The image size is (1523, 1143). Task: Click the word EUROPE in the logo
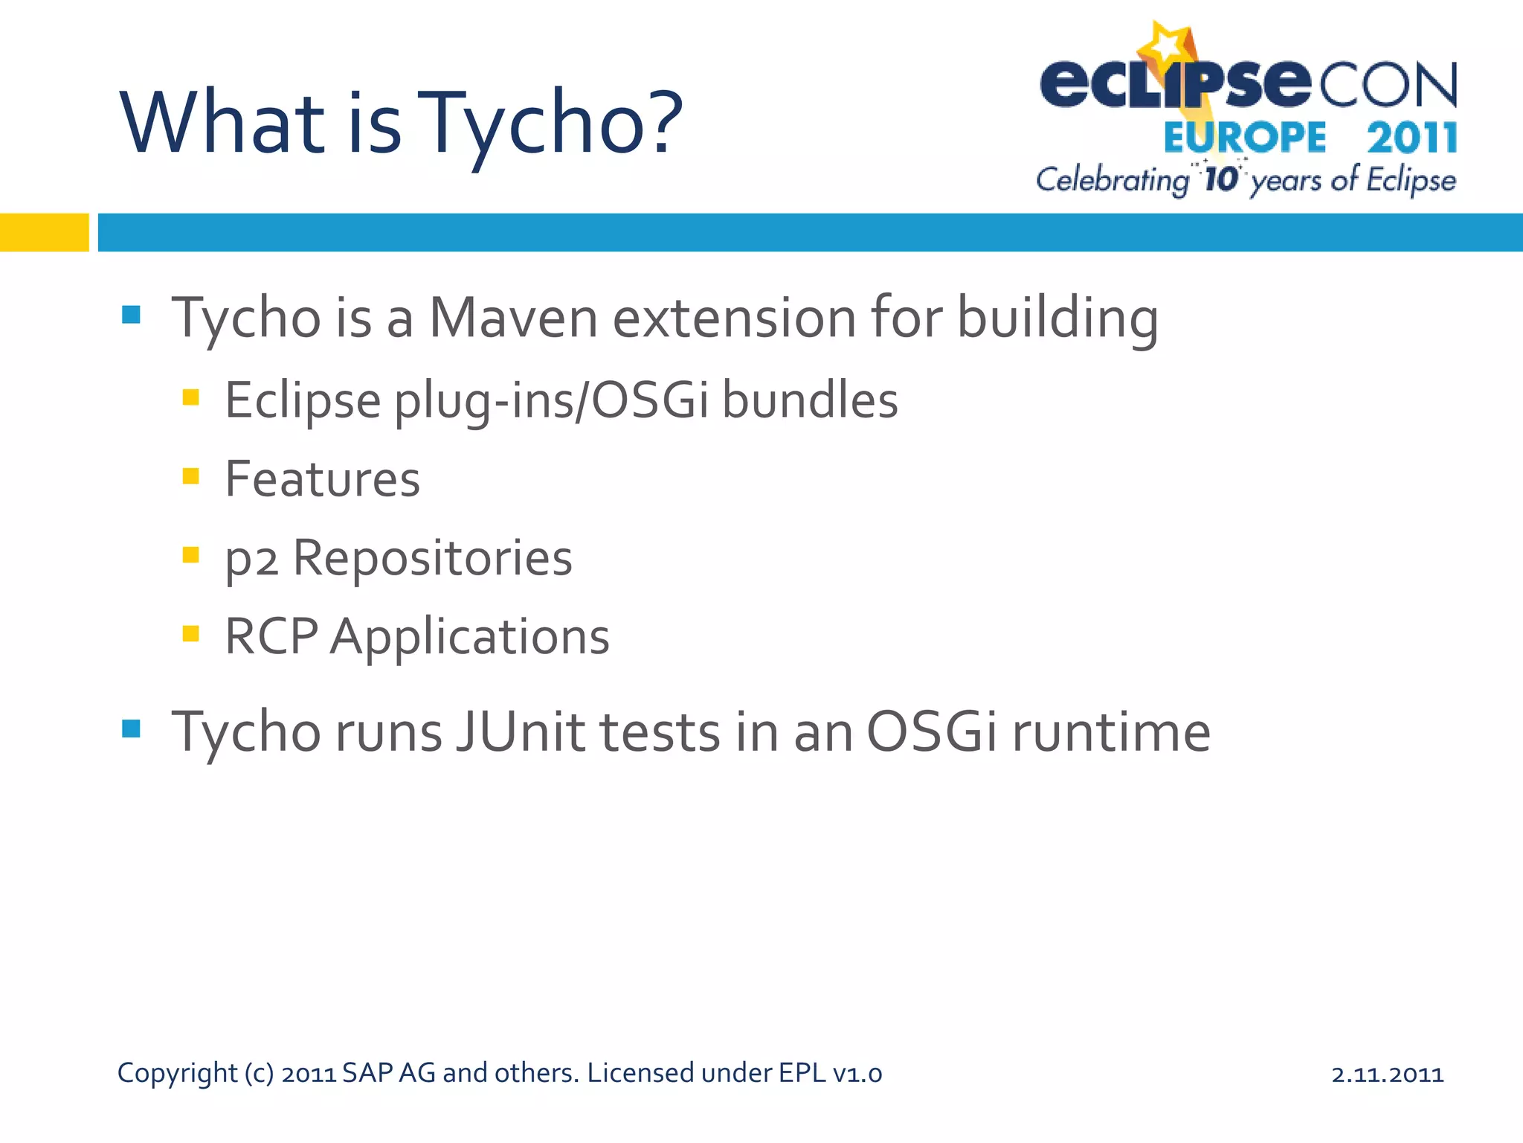(1244, 138)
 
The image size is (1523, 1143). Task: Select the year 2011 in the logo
(1411, 138)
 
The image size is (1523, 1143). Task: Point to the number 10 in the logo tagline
(1220, 179)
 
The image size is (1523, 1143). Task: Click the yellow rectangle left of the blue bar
(44, 232)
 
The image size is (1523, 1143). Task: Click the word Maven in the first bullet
(513, 318)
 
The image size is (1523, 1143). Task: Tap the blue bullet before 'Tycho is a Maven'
(131, 315)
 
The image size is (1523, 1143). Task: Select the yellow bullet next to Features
(190, 476)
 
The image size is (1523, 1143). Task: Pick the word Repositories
(432, 558)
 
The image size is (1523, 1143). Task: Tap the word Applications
(469, 638)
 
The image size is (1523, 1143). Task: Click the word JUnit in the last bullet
(521, 732)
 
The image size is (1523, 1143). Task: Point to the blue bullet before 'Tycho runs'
(131, 729)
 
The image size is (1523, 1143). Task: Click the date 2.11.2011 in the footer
(1387, 1074)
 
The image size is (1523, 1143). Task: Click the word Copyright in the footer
(177, 1074)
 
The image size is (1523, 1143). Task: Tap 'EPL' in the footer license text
(802, 1073)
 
